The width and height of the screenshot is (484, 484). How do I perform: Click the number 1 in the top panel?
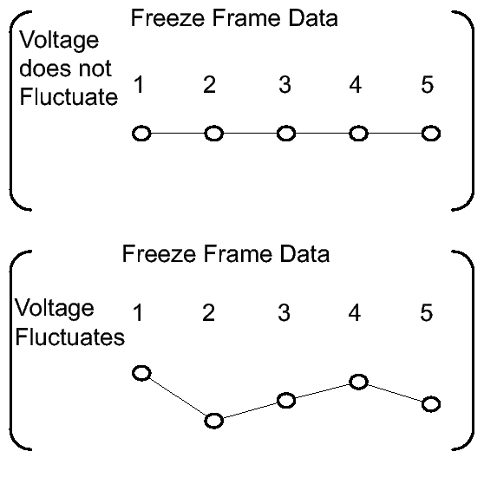[x=139, y=84]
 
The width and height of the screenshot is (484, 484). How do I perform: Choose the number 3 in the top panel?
[x=285, y=84]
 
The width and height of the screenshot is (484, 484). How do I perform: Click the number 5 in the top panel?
[x=428, y=84]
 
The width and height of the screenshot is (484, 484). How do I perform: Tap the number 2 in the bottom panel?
[x=209, y=312]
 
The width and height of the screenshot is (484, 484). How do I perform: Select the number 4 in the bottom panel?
[x=355, y=312]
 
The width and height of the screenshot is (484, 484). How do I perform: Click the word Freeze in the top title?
[x=168, y=18]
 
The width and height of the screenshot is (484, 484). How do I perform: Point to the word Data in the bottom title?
[x=305, y=254]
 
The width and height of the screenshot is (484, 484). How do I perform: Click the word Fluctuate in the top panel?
[x=69, y=96]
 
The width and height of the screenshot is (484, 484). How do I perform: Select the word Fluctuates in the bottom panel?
[x=70, y=337]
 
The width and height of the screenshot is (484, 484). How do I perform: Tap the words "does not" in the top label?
[x=65, y=69]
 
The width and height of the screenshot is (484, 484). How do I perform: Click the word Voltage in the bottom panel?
[x=55, y=309]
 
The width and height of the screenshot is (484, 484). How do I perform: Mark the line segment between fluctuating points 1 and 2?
[x=178, y=397]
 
